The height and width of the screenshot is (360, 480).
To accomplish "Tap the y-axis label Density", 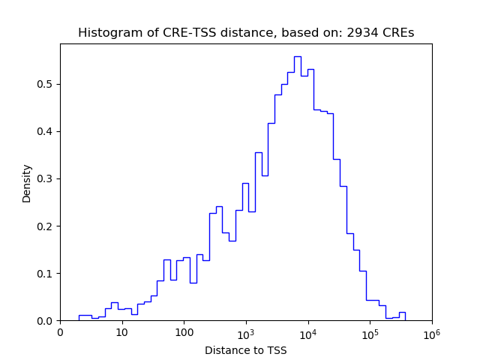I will click(x=27, y=183).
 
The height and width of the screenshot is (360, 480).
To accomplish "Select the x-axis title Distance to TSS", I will click(x=245, y=350).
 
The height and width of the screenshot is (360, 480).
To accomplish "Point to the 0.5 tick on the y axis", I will click(x=46, y=84).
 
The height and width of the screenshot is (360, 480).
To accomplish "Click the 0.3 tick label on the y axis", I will click(x=46, y=178).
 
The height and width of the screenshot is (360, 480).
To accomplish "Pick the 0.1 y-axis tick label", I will click(x=46, y=273).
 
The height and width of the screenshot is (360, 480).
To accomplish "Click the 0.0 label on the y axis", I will click(x=46, y=321).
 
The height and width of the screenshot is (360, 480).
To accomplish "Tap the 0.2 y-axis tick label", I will click(x=46, y=226).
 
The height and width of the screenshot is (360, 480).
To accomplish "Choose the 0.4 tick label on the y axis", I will click(x=46, y=131).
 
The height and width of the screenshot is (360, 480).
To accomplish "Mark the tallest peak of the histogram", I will click(x=297, y=57).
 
